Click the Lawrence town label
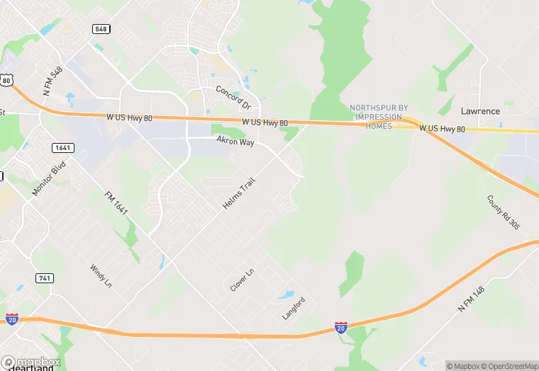(x=480, y=111)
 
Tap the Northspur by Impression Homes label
(x=379, y=117)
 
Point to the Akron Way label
(x=235, y=142)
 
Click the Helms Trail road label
(x=238, y=193)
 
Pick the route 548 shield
(x=101, y=28)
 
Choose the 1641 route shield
(x=61, y=147)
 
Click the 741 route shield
(x=43, y=278)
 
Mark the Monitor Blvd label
(x=48, y=178)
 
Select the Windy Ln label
(x=100, y=276)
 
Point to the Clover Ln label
(x=242, y=280)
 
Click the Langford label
(x=294, y=309)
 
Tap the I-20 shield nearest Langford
(x=341, y=327)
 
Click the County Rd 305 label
(x=504, y=212)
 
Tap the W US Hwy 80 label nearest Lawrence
(x=441, y=129)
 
